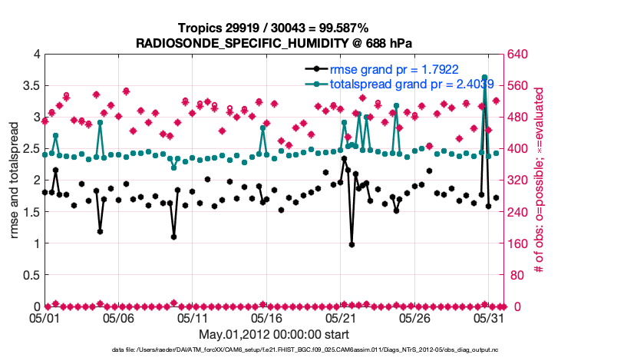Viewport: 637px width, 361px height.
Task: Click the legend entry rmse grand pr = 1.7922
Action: [x=394, y=69]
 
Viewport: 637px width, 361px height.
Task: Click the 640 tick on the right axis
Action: [x=519, y=55]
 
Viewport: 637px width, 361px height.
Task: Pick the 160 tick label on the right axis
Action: [x=519, y=243]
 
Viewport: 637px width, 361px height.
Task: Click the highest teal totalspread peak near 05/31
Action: [x=484, y=78]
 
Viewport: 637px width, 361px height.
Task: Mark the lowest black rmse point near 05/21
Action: [x=352, y=244]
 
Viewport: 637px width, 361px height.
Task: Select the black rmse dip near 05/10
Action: [x=174, y=237]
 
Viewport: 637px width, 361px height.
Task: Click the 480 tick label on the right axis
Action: [x=519, y=118]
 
